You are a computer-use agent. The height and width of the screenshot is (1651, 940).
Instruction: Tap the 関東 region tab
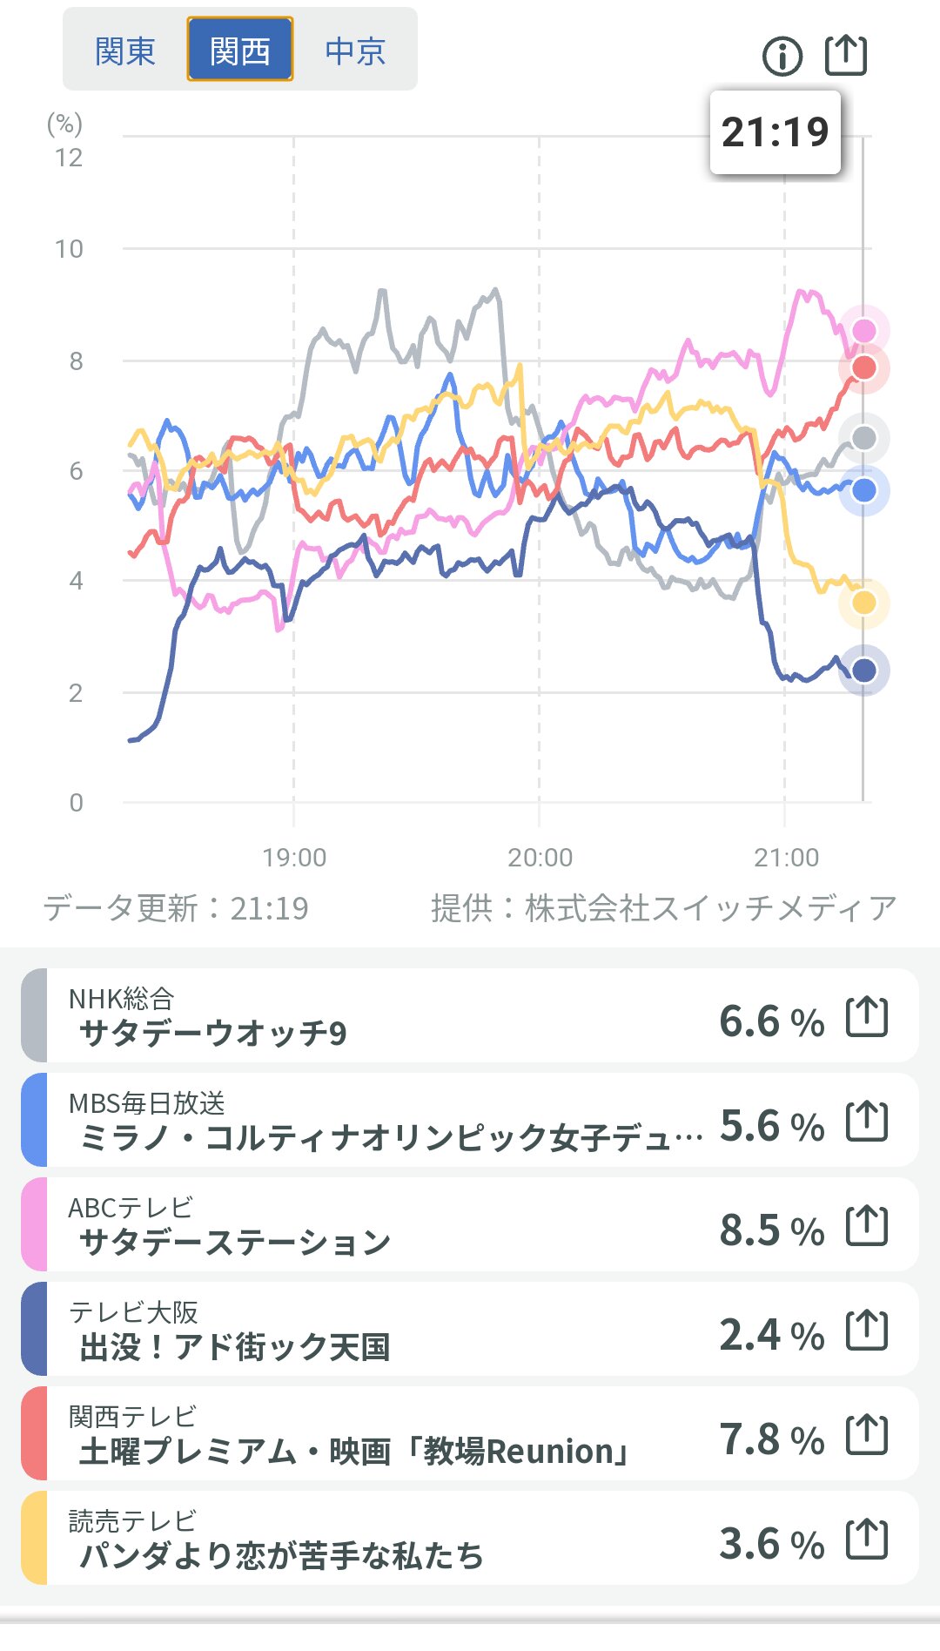(x=125, y=51)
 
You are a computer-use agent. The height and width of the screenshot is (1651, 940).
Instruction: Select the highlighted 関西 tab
(x=240, y=51)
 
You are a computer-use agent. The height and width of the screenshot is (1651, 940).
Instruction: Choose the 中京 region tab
(x=355, y=51)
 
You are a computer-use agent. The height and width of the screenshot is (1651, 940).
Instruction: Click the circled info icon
(x=782, y=57)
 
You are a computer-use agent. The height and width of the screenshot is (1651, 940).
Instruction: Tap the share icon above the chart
(x=846, y=55)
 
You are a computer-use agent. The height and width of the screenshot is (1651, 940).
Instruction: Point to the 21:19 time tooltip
(x=775, y=132)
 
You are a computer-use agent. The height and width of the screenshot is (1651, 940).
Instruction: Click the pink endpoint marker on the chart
(x=863, y=331)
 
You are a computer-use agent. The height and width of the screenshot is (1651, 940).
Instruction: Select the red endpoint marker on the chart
(x=863, y=367)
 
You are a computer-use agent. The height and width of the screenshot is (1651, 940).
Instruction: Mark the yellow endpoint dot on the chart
(x=863, y=603)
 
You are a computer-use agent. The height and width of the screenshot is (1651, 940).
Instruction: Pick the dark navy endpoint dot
(x=863, y=671)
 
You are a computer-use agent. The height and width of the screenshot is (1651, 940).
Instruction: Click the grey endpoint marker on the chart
(x=863, y=438)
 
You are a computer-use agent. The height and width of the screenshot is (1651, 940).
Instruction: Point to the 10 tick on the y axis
(x=69, y=249)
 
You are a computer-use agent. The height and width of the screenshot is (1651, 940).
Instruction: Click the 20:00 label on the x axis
(x=540, y=858)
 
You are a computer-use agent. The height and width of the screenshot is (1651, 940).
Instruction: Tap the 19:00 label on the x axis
(x=294, y=858)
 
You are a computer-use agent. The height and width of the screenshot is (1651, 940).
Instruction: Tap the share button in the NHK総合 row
(x=867, y=1017)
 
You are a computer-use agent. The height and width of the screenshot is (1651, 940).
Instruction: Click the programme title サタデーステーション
(x=235, y=1243)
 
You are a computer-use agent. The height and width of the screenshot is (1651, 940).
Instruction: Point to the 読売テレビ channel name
(x=132, y=1520)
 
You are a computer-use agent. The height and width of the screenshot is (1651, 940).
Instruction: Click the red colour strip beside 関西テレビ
(x=34, y=1433)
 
